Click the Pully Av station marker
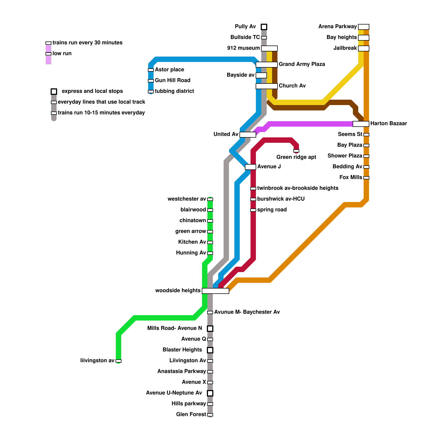pyautogui.click(x=264, y=27)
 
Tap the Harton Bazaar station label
pyautogui.click(x=388, y=124)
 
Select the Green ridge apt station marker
pyautogui.click(x=296, y=151)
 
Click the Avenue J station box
pyautogui.click(x=251, y=167)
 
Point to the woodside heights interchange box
pyautogui.click(x=215, y=291)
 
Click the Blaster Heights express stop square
pyautogui.click(x=210, y=350)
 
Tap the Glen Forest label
pyautogui.click(x=191, y=414)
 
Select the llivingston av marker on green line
pyautogui.click(x=119, y=361)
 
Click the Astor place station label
pyautogui.click(x=169, y=70)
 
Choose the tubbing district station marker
pyautogui.click(x=151, y=92)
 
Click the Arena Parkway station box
pyautogui.click(x=364, y=27)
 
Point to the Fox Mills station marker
pyautogui.click(x=366, y=178)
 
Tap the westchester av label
pyautogui.click(x=187, y=199)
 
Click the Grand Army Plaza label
pyautogui.click(x=302, y=64)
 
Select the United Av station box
pyautogui.click(x=248, y=135)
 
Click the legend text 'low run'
pyautogui.click(x=62, y=54)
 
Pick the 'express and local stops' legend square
pyautogui.click(x=54, y=92)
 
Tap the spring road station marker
pyautogui.click(x=253, y=210)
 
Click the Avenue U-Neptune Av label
pyautogui.click(x=174, y=393)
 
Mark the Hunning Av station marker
pyautogui.click(x=210, y=253)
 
